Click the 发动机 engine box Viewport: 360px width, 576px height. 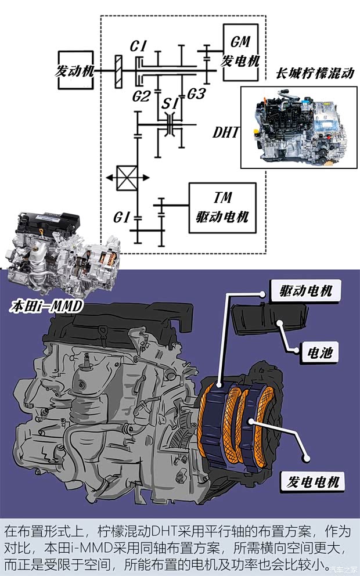[75, 70]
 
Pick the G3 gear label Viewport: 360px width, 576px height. [195, 93]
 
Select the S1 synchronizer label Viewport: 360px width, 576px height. [170, 104]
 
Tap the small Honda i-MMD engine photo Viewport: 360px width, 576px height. [61, 255]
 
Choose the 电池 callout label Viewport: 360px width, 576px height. [319, 351]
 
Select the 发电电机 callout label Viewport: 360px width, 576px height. [313, 481]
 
